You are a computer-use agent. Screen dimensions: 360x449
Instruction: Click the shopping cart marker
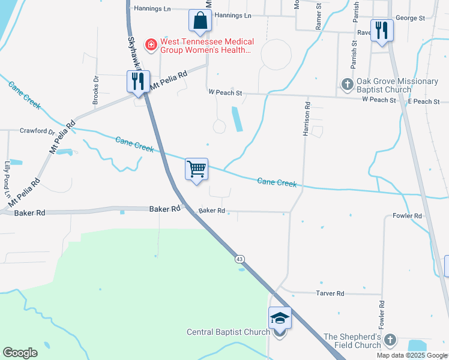(197, 169)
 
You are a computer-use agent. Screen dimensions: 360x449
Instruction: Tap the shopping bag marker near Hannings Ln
(200, 21)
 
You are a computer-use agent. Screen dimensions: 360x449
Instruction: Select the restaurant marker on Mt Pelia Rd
(138, 82)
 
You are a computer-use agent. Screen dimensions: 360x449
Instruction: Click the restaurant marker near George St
(382, 30)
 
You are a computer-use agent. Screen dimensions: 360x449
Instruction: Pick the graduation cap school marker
(280, 318)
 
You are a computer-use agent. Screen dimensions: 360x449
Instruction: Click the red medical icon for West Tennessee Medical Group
(151, 44)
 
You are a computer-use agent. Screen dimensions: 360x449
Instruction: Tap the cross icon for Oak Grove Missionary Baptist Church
(347, 85)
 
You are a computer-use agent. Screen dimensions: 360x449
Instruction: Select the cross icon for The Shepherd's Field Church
(390, 340)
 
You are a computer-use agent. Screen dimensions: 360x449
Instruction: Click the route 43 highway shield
(240, 259)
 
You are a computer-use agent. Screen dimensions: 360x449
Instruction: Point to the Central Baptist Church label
(228, 332)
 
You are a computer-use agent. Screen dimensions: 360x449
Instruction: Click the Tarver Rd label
(330, 293)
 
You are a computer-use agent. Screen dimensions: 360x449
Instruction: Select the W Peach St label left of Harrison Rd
(225, 93)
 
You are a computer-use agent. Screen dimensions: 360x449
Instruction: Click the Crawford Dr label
(37, 130)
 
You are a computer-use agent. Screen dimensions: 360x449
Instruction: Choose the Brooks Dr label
(96, 91)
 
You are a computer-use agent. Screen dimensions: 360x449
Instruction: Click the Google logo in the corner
(20, 353)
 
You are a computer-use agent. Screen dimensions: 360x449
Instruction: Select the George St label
(410, 19)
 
